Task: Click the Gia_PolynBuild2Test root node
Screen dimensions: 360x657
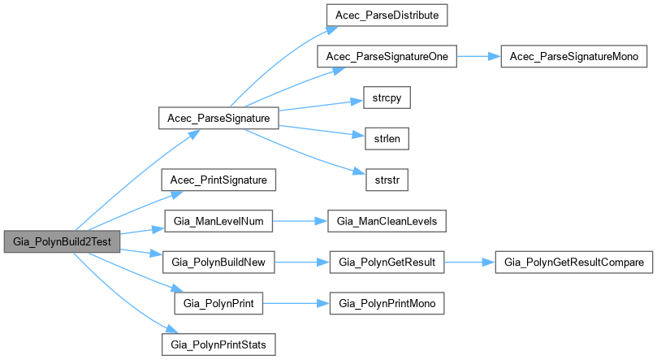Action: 63,241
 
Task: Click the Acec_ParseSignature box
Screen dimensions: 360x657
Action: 218,119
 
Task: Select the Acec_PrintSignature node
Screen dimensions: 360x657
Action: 218,179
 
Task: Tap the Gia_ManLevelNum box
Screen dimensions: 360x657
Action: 218,220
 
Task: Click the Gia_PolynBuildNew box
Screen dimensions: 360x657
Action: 218,262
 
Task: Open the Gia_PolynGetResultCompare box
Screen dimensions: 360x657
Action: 574,262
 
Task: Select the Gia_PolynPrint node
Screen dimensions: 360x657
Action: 218,303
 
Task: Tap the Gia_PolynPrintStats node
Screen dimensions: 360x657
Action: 218,345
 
